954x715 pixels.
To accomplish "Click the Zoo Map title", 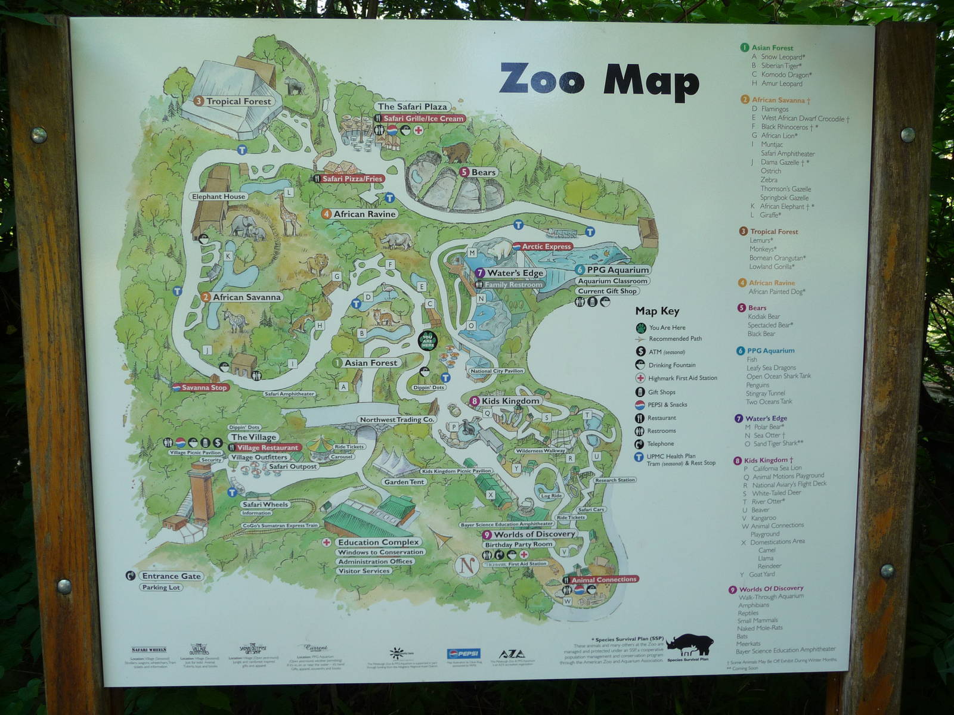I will (x=599, y=80).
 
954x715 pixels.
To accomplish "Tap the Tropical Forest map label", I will (x=238, y=101).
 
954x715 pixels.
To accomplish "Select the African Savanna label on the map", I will (x=246, y=297).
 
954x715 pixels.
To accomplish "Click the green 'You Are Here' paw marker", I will (x=428, y=341).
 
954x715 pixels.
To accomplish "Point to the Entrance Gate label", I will (x=171, y=576).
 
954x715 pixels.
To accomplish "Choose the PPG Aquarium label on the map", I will (x=617, y=270).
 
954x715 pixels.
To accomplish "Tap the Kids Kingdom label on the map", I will (x=510, y=401).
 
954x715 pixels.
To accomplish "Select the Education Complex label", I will (x=379, y=542).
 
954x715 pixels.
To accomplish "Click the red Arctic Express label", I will (x=546, y=246).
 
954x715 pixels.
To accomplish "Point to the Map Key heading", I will (x=657, y=311).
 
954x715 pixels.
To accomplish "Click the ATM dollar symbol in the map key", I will (x=640, y=352).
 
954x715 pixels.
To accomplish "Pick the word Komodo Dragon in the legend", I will (x=786, y=75).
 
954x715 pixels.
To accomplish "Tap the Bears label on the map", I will (x=483, y=172).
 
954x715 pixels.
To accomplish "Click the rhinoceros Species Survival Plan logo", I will (x=689, y=645).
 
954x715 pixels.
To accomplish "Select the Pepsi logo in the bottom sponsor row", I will (x=463, y=653).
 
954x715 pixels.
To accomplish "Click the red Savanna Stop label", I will (x=204, y=387).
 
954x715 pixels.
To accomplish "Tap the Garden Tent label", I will (x=404, y=482).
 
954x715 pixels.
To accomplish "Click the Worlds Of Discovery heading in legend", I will (x=771, y=589).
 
